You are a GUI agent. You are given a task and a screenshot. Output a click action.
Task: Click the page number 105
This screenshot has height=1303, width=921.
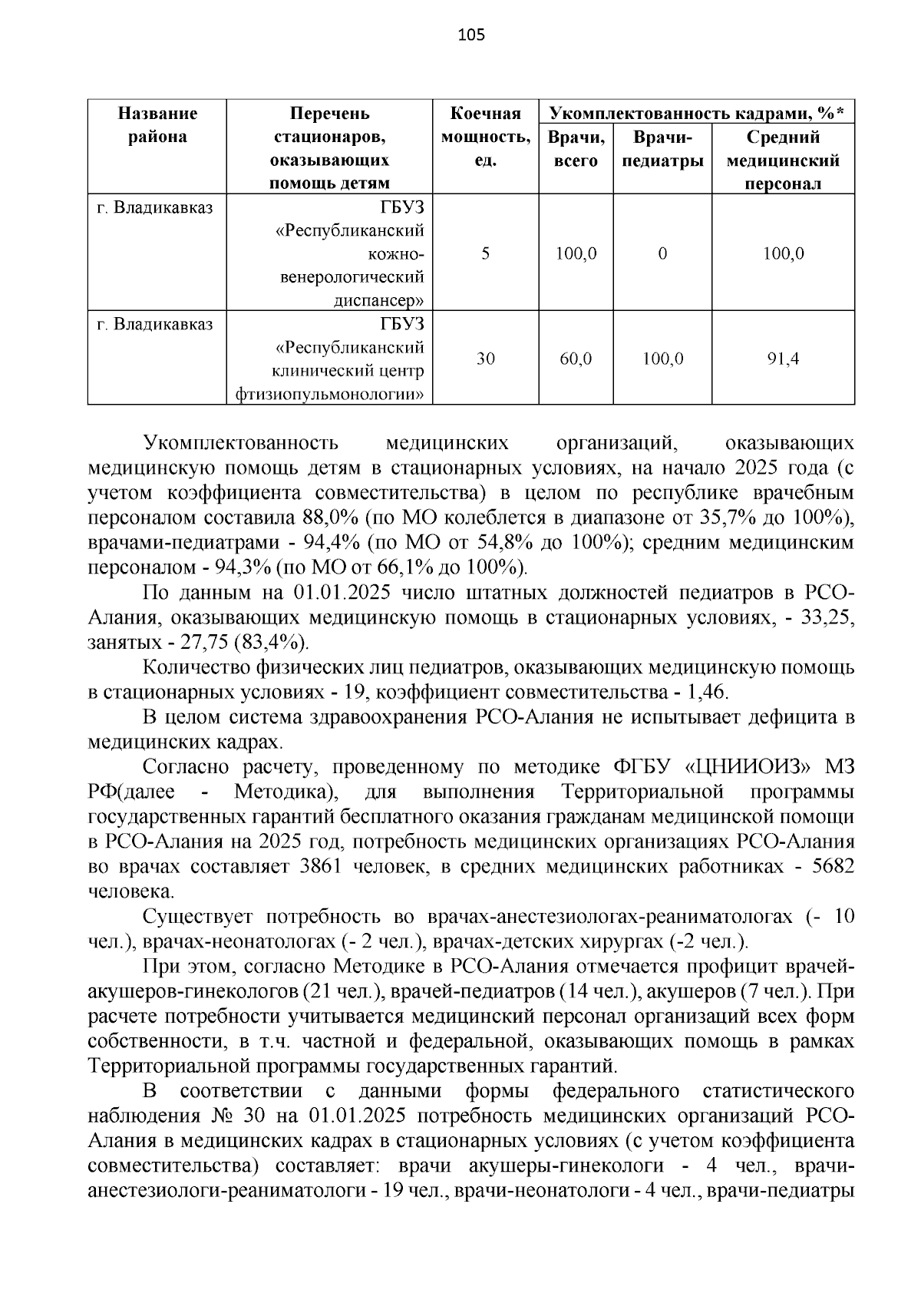(x=470, y=35)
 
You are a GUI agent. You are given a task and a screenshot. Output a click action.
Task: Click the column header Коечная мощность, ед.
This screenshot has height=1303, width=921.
(x=485, y=137)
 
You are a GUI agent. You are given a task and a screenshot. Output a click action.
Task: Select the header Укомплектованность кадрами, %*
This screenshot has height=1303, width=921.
(x=696, y=114)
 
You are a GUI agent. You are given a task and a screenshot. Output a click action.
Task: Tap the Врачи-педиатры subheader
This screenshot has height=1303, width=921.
(x=662, y=149)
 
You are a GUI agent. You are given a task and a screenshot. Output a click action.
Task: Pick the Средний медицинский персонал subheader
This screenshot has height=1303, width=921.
(x=783, y=160)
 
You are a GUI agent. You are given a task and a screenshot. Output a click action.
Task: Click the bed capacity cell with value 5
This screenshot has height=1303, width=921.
(x=485, y=253)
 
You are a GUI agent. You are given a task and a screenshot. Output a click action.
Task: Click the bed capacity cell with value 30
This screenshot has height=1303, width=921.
(x=485, y=358)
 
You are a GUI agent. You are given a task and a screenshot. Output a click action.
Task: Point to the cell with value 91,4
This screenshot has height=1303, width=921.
(x=783, y=358)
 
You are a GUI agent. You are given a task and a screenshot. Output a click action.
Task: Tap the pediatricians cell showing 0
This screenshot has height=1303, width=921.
(x=662, y=253)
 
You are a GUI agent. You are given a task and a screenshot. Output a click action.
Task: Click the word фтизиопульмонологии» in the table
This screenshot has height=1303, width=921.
(x=329, y=395)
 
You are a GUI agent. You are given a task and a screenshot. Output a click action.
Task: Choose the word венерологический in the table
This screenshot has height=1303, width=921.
(x=352, y=276)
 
